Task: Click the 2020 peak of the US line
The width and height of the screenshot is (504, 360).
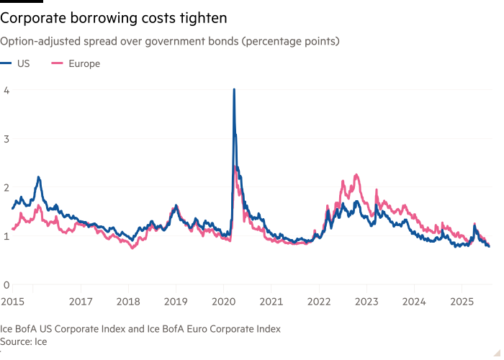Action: coord(234,89)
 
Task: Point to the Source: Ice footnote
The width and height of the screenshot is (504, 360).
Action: coord(24,342)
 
